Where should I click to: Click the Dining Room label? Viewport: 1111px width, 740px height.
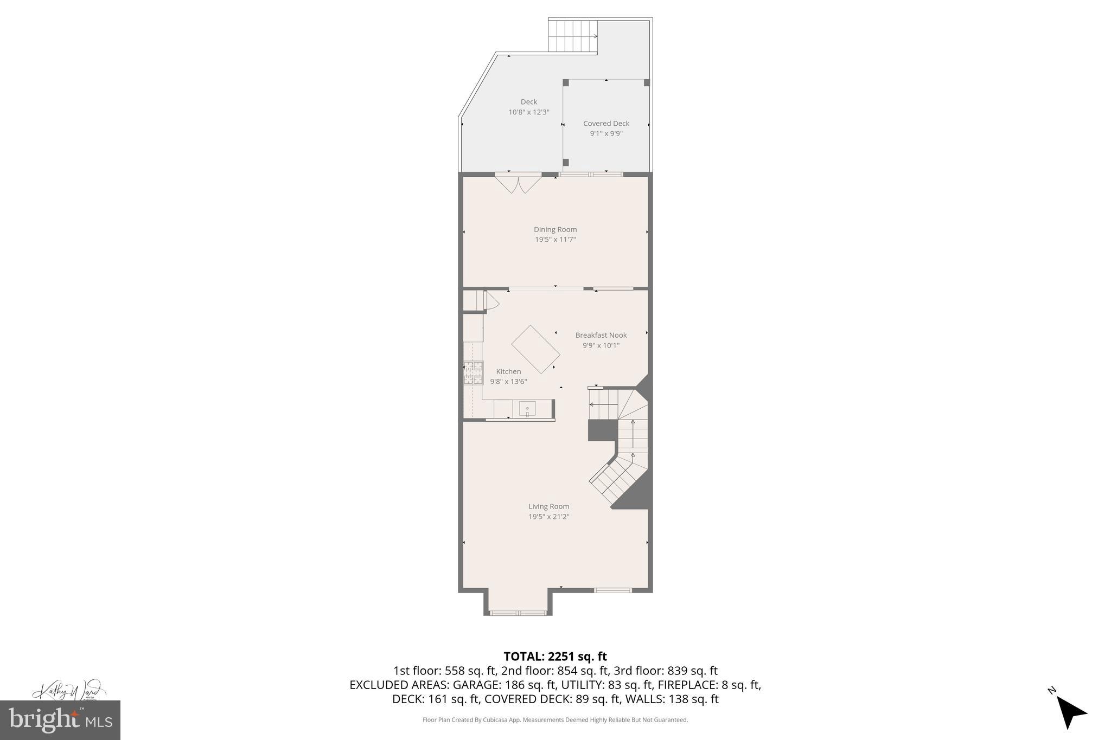click(555, 229)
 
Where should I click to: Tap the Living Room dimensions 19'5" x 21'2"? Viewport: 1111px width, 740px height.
click(548, 517)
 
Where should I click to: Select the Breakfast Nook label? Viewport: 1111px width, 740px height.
click(601, 335)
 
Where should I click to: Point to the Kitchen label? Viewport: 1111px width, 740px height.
click(508, 371)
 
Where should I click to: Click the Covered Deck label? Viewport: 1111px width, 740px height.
click(606, 124)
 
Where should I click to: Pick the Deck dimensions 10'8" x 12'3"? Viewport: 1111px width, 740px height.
click(528, 112)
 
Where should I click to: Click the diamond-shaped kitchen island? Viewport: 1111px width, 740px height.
click(535, 349)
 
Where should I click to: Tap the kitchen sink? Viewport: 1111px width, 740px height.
click(527, 409)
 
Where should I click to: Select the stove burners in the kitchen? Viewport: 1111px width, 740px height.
click(473, 373)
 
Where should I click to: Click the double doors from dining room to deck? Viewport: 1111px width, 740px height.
click(518, 183)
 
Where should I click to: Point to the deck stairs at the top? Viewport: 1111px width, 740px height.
click(572, 36)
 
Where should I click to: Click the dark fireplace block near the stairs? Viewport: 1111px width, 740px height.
click(602, 430)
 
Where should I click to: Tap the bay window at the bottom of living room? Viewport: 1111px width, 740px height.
click(518, 613)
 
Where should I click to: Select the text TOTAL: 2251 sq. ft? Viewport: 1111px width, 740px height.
click(555, 657)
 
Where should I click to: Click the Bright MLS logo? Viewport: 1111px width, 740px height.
click(60, 720)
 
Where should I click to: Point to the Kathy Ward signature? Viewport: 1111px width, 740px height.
click(68, 690)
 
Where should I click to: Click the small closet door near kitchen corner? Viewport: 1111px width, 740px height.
click(491, 301)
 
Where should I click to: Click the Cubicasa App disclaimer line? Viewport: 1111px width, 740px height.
click(555, 720)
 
